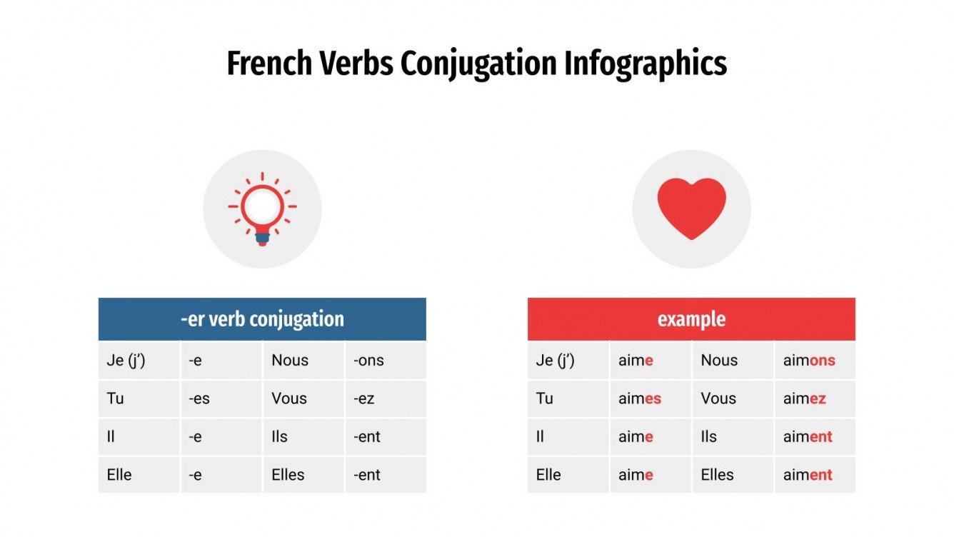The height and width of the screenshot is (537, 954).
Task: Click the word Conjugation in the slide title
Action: tap(478, 64)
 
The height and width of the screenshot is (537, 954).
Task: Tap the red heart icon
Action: tap(691, 208)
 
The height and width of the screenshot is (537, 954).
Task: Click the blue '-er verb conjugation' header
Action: tap(262, 319)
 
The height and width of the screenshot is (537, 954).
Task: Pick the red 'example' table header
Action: tap(691, 319)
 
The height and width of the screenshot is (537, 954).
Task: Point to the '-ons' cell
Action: tap(368, 361)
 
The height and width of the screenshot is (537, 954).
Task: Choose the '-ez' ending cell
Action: tap(363, 398)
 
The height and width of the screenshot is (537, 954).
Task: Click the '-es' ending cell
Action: tap(199, 398)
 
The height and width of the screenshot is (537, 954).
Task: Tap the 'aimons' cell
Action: tap(809, 361)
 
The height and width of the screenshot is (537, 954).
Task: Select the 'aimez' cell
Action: tap(805, 398)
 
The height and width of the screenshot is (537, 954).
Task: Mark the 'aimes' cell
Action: tap(640, 398)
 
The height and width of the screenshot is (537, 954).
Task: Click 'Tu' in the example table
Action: tap(545, 398)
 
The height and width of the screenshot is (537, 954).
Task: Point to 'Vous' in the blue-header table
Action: tap(289, 398)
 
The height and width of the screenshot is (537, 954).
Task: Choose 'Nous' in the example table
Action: tap(719, 361)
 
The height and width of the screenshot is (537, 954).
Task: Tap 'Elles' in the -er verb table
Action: tap(288, 475)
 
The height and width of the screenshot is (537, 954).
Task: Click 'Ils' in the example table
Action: tap(709, 437)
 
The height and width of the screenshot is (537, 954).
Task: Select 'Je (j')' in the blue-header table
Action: tap(126, 361)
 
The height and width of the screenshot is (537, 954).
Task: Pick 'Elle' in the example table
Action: tap(548, 475)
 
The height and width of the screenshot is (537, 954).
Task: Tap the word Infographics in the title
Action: tap(646, 64)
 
